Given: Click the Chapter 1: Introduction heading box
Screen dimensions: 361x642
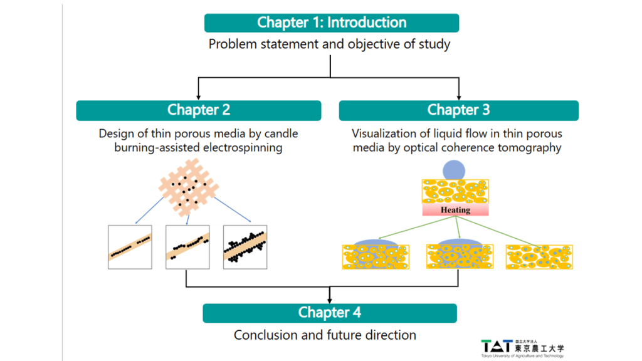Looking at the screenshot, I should pos(331,23).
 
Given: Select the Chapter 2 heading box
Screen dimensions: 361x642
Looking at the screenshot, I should pos(198,110).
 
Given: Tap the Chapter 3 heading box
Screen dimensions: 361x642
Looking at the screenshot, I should pos(458,110).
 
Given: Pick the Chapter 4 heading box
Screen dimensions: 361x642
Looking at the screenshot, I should pos(329,313).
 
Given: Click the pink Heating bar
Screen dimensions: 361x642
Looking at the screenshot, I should pos(455,210).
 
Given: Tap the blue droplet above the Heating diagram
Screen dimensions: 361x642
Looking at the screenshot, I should pos(455,170).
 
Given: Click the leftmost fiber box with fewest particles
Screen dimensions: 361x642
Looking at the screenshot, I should pos(130,247).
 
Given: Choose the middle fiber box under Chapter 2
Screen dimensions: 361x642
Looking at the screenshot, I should pos(187,247).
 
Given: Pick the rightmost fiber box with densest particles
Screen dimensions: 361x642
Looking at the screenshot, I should pos(245,247).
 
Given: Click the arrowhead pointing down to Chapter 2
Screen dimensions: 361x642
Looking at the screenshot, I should pos(199,97).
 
